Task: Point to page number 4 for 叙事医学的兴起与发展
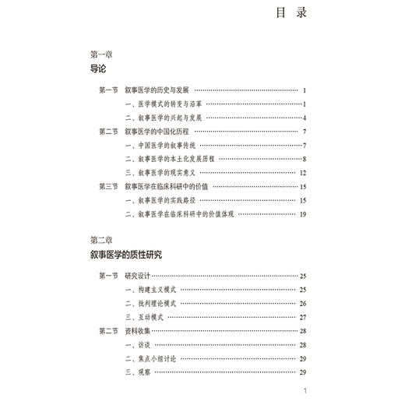point(305,118)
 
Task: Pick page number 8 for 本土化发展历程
point(305,159)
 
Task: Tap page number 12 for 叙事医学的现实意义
point(303,173)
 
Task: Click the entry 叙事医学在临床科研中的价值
point(180,187)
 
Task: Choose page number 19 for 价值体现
point(303,214)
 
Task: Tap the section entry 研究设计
point(147,276)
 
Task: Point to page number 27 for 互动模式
point(303,317)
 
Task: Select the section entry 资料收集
point(147,331)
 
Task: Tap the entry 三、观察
point(140,372)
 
